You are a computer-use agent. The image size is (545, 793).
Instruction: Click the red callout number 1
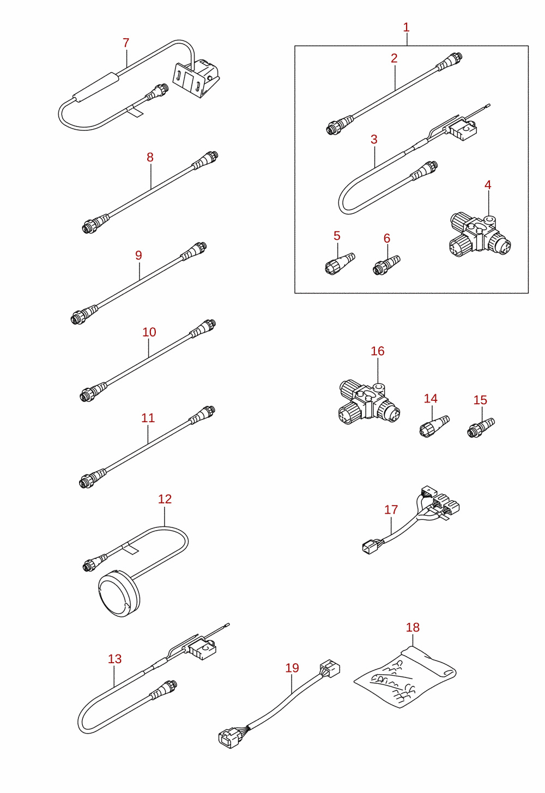point(406,27)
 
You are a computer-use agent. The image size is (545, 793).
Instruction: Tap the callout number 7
point(126,43)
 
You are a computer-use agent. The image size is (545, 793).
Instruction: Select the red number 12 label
point(165,499)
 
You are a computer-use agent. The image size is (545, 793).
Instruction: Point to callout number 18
point(413,627)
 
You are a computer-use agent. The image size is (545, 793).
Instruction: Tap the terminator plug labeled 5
point(340,264)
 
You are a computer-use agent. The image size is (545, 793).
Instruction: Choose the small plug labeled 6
point(386,265)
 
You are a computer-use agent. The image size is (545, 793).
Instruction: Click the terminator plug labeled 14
point(434,426)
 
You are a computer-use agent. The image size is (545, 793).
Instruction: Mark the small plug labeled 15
point(481,427)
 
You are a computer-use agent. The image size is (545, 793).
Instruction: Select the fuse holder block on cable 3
point(463,131)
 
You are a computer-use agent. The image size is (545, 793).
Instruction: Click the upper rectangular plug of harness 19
point(330,668)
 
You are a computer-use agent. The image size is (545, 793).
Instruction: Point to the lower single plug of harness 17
point(368,548)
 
